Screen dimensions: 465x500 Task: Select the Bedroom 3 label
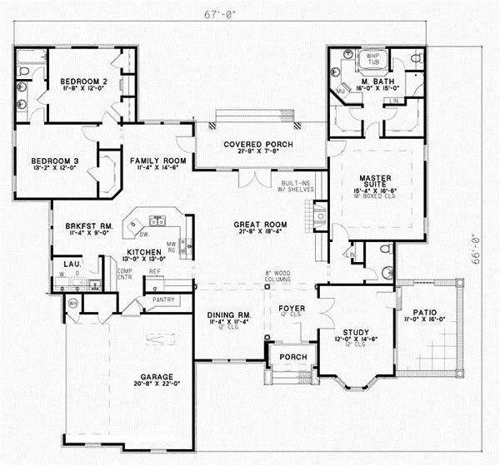tap(54, 161)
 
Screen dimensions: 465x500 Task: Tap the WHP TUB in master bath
tap(369, 59)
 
